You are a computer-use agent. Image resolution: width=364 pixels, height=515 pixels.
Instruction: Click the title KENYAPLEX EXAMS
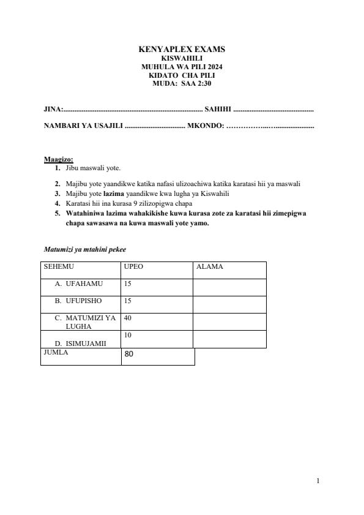[182, 49]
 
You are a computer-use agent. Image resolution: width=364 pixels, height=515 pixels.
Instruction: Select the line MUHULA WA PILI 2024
[182, 66]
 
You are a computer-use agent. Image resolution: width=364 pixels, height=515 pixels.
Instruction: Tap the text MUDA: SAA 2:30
[182, 83]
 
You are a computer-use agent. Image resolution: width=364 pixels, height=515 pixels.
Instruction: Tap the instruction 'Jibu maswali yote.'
[93, 167]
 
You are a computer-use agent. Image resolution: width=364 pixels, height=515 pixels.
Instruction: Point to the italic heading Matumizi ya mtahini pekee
[85, 249]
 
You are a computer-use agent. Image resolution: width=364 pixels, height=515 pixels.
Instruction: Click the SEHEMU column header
[59, 267]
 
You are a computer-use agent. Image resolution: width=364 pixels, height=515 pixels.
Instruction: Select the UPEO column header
[134, 267]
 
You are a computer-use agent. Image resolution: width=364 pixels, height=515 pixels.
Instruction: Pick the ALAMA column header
[210, 267]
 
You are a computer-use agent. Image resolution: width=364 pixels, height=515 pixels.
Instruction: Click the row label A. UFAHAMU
[79, 284]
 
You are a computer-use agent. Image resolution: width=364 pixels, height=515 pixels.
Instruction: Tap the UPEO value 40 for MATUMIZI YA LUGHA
[128, 318]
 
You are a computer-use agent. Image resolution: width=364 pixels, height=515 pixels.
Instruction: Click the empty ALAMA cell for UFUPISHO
[229, 304]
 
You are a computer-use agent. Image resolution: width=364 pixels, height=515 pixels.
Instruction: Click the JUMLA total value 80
[128, 354]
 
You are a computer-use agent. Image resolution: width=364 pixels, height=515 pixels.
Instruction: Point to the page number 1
[318, 481]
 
